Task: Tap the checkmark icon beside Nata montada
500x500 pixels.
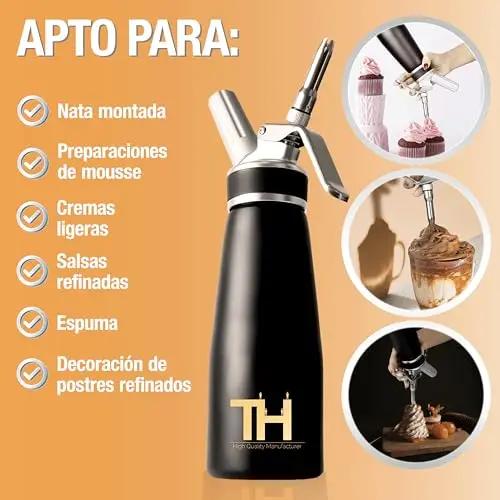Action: point(33,111)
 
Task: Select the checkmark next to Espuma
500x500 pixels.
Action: point(33,323)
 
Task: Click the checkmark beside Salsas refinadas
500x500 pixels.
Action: point(33,271)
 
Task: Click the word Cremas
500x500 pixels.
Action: point(86,208)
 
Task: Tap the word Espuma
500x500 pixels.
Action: point(87,323)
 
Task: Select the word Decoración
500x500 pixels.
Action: point(98,363)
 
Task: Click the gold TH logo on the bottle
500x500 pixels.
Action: point(261,416)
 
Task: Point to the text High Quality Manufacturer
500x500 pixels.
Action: point(267,446)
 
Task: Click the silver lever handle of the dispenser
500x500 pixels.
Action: point(320,163)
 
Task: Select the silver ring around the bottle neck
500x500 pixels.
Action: point(268,199)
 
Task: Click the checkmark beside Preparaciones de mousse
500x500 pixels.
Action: point(33,163)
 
